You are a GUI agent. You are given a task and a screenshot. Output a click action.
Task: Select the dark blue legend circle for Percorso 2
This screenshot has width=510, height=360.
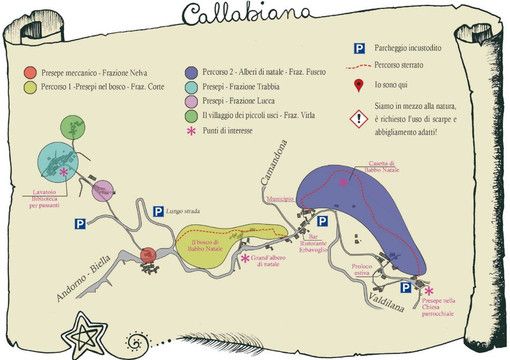(x=189, y=72)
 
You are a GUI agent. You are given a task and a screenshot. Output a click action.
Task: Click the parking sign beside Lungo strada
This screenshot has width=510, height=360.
(x=157, y=211)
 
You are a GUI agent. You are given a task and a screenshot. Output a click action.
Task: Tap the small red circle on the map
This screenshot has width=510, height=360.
(x=147, y=256)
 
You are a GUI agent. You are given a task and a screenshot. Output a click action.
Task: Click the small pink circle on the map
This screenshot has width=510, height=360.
(x=101, y=192)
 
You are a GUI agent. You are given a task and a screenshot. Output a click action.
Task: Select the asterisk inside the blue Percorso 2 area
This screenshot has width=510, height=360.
(x=343, y=183)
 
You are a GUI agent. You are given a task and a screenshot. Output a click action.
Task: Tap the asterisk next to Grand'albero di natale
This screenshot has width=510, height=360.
(x=245, y=259)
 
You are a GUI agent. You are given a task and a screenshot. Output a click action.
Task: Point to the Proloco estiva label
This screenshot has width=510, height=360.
(x=363, y=270)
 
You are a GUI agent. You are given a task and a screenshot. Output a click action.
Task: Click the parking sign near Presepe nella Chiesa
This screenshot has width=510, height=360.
(x=406, y=287)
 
